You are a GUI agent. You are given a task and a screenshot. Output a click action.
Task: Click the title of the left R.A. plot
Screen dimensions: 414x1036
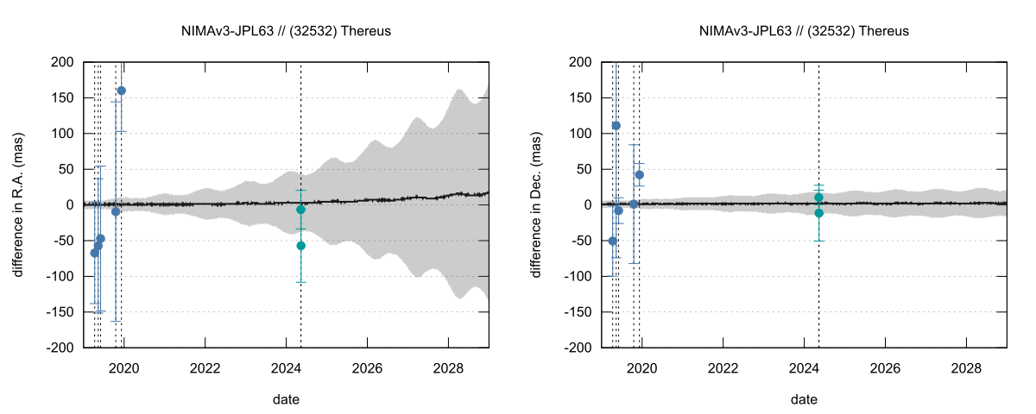tap(286, 31)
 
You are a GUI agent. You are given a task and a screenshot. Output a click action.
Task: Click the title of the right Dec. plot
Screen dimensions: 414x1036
tap(804, 31)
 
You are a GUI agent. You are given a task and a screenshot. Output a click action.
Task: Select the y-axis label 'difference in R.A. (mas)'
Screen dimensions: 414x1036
tap(18, 204)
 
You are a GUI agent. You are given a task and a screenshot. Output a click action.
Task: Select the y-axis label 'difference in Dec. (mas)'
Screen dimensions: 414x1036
tap(536, 204)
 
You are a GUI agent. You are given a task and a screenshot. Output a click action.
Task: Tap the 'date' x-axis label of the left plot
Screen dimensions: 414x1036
tap(286, 399)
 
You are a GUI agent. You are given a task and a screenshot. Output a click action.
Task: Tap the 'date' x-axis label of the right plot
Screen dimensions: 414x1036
tap(804, 399)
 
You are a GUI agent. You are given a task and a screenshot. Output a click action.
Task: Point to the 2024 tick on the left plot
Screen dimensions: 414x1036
tap(286, 366)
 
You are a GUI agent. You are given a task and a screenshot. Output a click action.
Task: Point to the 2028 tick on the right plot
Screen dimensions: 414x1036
tap(966, 366)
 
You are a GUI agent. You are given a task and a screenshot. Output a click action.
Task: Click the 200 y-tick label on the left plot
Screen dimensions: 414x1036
tap(63, 62)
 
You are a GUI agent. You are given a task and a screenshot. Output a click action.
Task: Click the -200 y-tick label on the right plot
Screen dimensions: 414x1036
tap(578, 348)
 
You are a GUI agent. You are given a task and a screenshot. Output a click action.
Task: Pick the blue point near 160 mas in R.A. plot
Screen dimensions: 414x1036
tap(121, 91)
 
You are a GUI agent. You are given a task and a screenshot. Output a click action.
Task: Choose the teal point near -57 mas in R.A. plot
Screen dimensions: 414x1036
tap(300, 246)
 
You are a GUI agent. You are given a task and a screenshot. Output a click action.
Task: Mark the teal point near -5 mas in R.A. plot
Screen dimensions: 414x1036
tap(300, 210)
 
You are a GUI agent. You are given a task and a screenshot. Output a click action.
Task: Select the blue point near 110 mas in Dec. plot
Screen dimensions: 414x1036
tap(616, 126)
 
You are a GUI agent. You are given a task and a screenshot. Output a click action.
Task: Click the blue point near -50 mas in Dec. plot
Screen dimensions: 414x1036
tap(613, 241)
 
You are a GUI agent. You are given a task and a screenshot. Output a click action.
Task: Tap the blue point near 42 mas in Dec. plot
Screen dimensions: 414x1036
tap(640, 175)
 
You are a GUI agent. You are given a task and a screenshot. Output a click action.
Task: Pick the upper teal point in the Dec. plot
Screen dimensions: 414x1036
tap(818, 198)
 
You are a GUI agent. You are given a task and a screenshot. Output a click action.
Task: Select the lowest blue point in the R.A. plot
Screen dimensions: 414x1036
tap(95, 253)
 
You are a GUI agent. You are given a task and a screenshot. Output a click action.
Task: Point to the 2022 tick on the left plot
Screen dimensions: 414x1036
tap(205, 366)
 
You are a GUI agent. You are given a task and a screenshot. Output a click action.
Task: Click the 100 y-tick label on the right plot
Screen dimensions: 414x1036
tap(581, 134)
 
